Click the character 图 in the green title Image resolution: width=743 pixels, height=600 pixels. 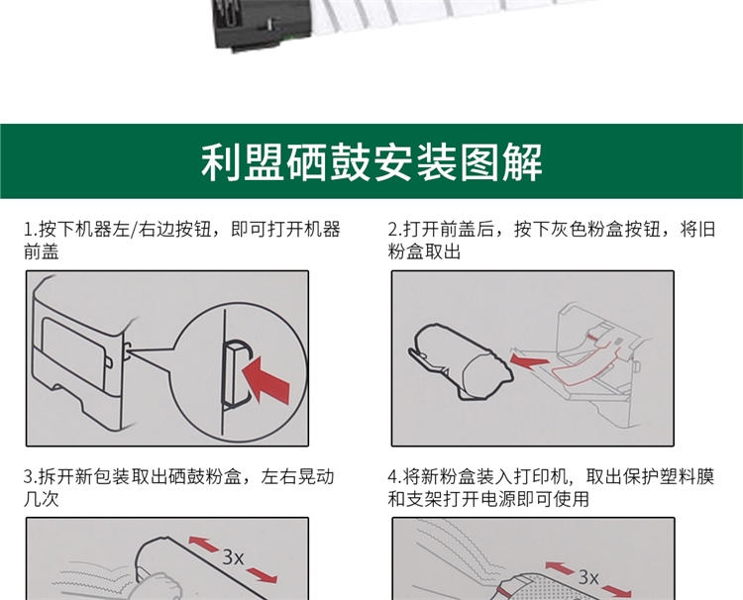(479, 161)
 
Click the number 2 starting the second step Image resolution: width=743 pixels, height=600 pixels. (393, 230)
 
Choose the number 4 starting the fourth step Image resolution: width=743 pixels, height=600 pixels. (393, 477)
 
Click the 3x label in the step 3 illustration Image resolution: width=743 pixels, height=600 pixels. (233, 557)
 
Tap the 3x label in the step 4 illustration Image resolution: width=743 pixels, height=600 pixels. (588, 577)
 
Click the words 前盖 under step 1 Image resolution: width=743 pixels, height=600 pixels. (42, 251)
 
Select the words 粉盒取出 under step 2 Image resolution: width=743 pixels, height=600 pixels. (424, 251)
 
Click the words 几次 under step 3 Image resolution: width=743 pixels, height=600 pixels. (42, 499)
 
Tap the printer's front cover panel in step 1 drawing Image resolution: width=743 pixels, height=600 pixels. (74, 353)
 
